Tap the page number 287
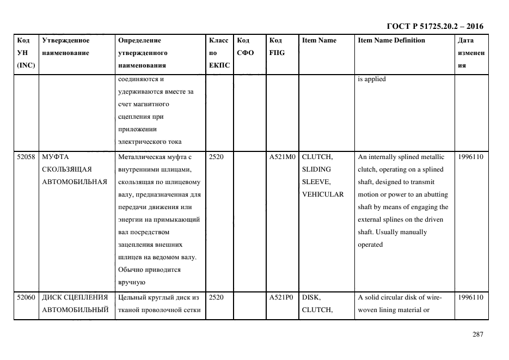click(x=477, y=334)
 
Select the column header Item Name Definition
click(x=391, y=40)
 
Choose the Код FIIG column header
click(x=277, y=47)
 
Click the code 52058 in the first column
click(x=26, y=157)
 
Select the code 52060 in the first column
click(x=26, y=297)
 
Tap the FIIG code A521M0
click(x=281, y=157)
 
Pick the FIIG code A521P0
click(x=281, y=297)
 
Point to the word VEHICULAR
click(x=322, y=194)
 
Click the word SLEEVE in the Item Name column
click(x=315, y=182)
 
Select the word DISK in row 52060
click(x=311, y=297)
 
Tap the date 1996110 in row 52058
click(x=471, y=157)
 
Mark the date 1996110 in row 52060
click(x=471, y=297)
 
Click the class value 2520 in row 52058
click(x=216, y=157)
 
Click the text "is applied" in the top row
click(x=371, y=79)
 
